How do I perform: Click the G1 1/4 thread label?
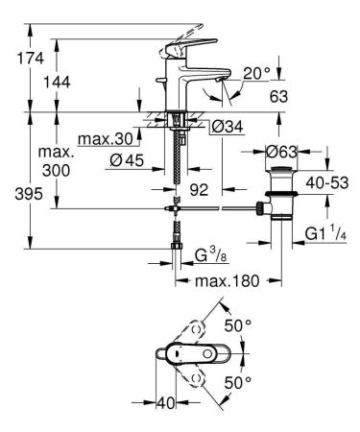(323, 233)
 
